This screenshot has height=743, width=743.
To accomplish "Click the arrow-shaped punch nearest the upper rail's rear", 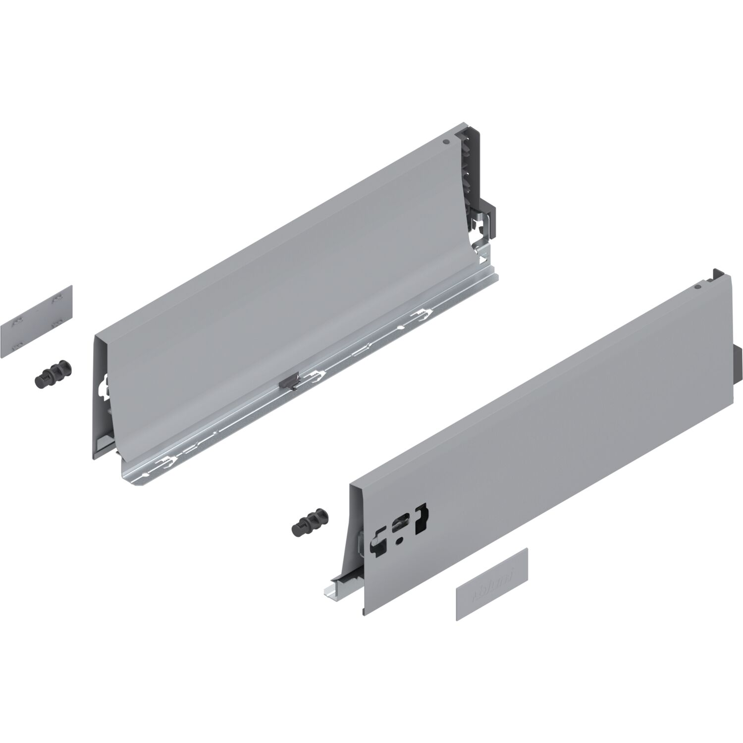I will coord(423,313).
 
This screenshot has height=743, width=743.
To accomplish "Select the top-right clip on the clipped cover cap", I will coord(58,298).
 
